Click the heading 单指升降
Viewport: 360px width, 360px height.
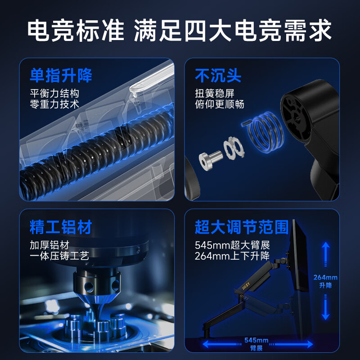point(61,76)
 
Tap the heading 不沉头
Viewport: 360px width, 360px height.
point(218,76)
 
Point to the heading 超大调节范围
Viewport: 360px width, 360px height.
point(242,227)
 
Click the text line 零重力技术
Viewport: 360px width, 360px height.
point(54,104)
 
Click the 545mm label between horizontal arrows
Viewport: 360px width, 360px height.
point(256,340)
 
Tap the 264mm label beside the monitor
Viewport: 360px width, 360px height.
point(325,278)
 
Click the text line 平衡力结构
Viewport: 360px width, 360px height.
point(54,94)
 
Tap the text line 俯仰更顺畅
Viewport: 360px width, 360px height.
point(219,104)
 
